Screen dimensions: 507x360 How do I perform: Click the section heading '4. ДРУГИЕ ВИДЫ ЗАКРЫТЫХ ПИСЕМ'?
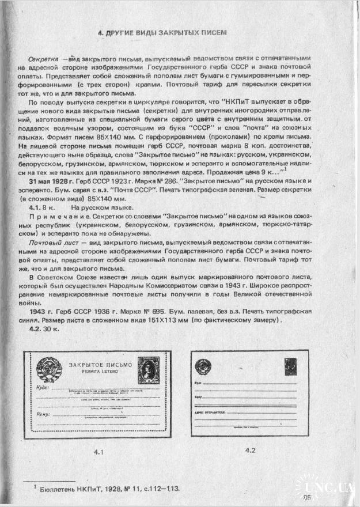click(x=162, y=33)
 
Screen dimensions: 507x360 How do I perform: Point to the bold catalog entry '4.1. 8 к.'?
click(x=42, y=207)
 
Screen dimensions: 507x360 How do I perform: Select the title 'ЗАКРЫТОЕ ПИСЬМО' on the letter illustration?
click(x=100, y=365)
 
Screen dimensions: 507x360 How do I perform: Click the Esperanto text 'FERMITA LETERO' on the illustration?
click(x=100, y=372)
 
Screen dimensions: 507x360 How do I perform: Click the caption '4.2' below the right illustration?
click(x=251, y=449)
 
